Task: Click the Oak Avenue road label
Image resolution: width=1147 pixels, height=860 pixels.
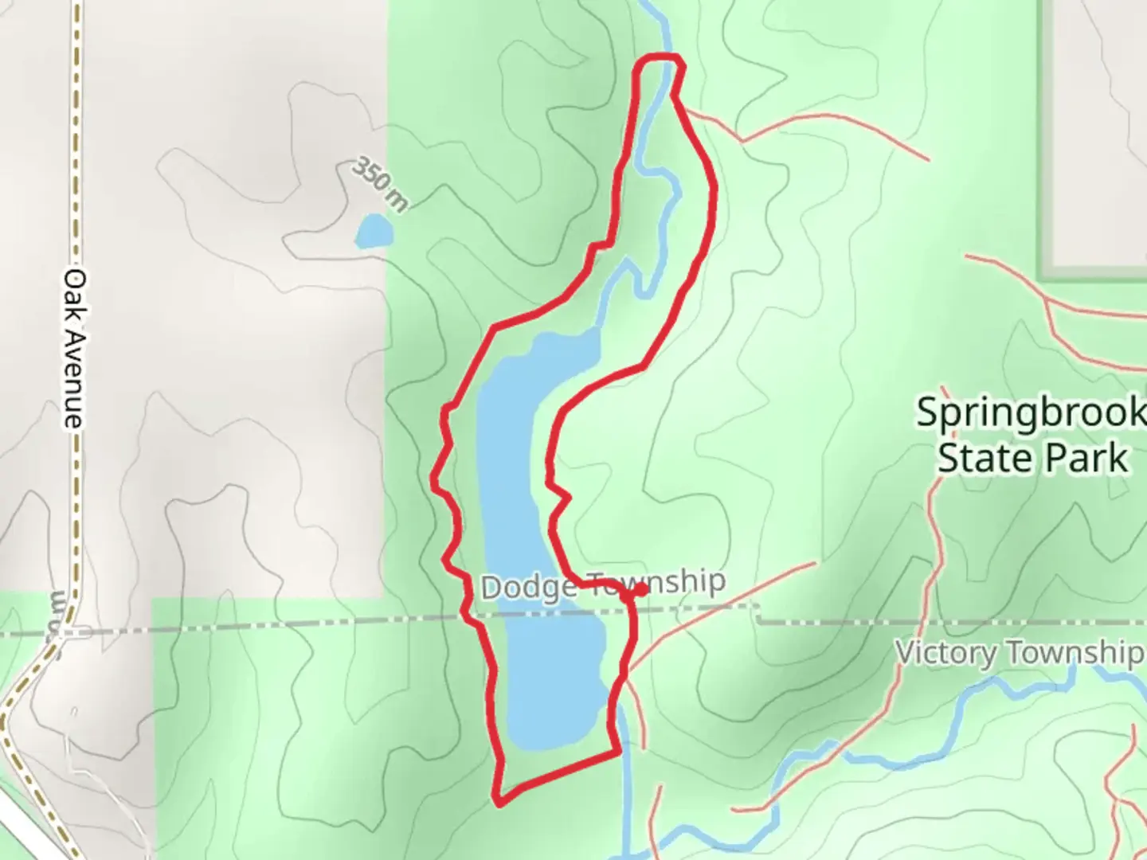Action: (x=74, y=348)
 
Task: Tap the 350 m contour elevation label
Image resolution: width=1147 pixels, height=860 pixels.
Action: (x=380, y=185)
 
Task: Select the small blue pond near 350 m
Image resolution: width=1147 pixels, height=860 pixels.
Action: (x=374, y=232)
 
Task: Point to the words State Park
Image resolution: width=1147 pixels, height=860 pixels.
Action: (x=1032, y=459)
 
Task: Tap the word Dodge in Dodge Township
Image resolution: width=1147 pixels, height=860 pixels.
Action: (x=528, y=588)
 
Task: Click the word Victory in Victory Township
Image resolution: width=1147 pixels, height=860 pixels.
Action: (x=945, y=653)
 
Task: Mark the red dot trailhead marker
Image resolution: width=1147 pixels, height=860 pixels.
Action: (x=640, y=590)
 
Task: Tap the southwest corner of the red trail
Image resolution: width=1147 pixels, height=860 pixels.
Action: (x=499, y=800)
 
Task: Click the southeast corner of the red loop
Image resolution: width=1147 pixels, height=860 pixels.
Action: (x=617, y=752)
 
